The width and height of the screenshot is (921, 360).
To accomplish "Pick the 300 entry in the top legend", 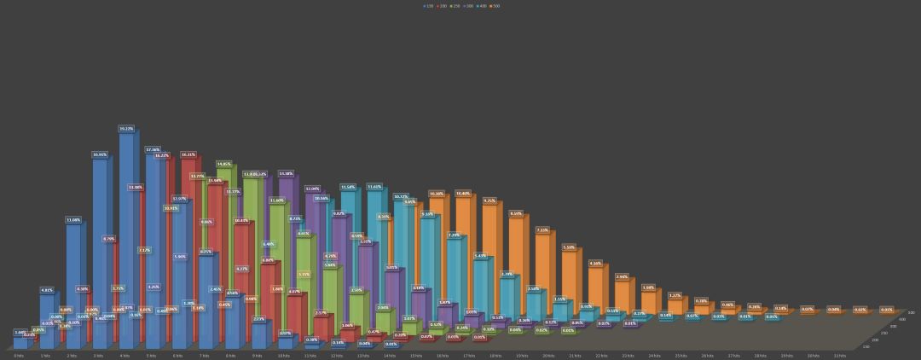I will click(468, 6).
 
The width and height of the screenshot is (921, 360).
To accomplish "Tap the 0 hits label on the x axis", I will click(19, 356).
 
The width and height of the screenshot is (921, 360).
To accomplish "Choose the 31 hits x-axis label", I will click(839, 356).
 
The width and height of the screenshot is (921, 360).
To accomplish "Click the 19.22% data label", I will click(126, 129).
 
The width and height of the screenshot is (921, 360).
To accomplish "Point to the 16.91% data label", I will click(100, 154).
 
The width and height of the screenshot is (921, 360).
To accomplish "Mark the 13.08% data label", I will click(73, 220).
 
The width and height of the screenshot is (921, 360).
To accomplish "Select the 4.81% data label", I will click(47, 290).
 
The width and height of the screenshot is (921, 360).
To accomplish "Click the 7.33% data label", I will click(542, 229).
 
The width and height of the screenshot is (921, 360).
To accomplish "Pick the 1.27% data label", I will click(675, 295).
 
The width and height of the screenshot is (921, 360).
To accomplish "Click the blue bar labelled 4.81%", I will click(47, 320).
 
